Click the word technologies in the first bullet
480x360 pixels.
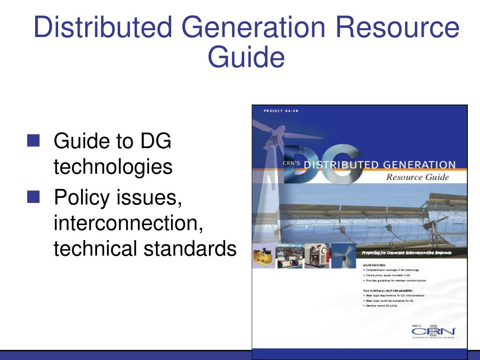pyautogui.click(x=113, y=167)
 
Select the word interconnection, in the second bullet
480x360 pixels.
pyautogui.click(x=128, y=222)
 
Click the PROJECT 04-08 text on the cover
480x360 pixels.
pyautogui.click(x=281, y=111)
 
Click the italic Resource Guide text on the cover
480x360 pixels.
pyautogui.click(x=417, y=177)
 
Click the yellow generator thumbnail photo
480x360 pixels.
pyautogui.click(x=264, y=256)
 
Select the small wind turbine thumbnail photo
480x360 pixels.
pyautogui.click(x=343, y=256)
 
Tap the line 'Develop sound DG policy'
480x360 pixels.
pyautogui.click(x=381, y=306)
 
